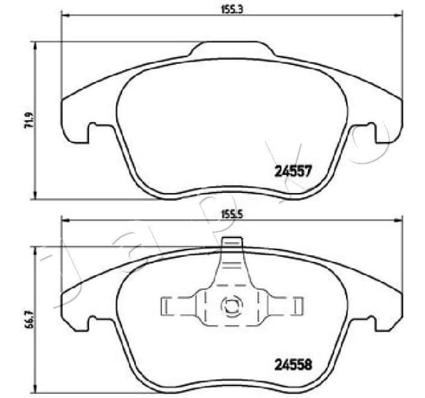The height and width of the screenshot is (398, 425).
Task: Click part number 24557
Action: point(293,171)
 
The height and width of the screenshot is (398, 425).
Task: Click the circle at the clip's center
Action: point(232,306)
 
